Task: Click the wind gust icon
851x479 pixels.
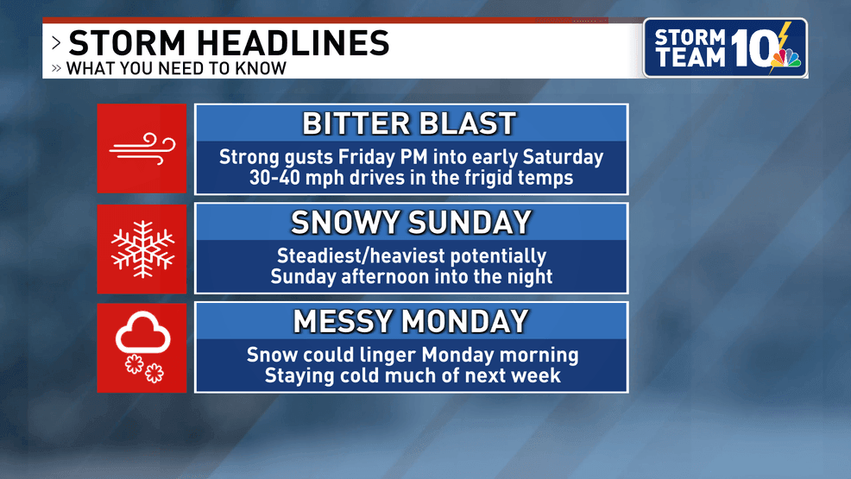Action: tap(142, 148)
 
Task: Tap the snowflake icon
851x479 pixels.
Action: tap(142, 249)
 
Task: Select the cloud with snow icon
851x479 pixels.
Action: tap(142, 347)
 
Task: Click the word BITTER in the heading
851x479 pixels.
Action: tap(355, 123)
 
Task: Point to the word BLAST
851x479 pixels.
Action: tap(467, 123)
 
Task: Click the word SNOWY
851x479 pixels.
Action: tap(344, 223)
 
